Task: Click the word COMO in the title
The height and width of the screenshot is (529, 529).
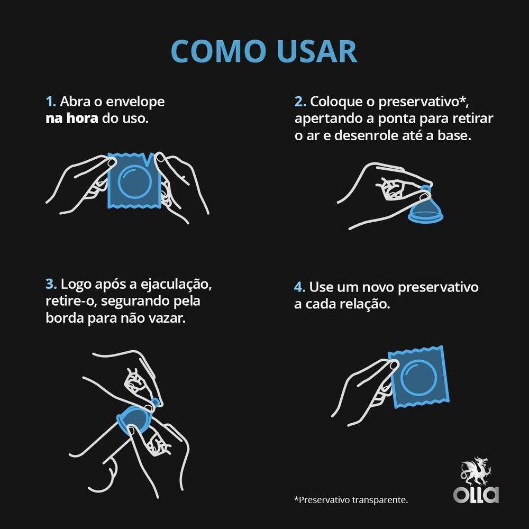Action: (x=218, y=51)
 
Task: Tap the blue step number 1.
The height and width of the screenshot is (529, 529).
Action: (x=50, y=102)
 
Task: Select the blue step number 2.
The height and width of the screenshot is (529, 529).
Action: (x=300, y=102)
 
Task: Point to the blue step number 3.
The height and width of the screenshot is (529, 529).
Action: (x=51, y=284)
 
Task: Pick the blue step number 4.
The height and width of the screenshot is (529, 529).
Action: (x=300, y=287)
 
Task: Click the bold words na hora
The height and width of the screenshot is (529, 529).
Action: (x=71, y=118)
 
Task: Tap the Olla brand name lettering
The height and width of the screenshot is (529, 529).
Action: (x=476, y=495)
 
